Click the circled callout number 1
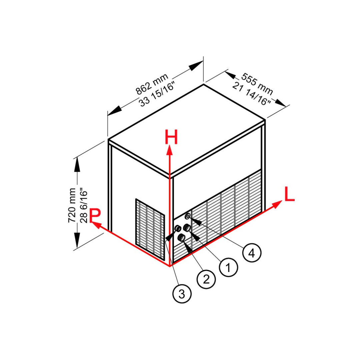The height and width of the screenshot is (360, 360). click(x=228, y=267)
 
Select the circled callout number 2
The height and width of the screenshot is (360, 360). click(x=206, y=279)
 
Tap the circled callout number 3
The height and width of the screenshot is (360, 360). click(x=182, y=294)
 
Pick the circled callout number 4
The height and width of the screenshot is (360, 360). click(x=252, y=253)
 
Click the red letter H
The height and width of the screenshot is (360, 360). click(x=171, y=137)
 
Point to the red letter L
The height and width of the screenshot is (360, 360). click(x=289, y=194)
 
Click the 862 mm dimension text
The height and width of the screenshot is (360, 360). click(x=152, y=84)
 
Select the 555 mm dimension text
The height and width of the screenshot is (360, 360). click(x=257, y=84)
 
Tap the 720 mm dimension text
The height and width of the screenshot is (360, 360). click(x=72, y=205)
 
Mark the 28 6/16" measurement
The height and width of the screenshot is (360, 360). click(x=83, y=206)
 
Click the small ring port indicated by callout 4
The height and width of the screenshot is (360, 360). click(x=188, y=216)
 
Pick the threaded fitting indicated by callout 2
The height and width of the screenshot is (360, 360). click(x=181, y=238)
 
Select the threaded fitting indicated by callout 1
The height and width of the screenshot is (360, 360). click(x=187, y=228)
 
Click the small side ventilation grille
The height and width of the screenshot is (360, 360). click(x=150, y=229)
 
